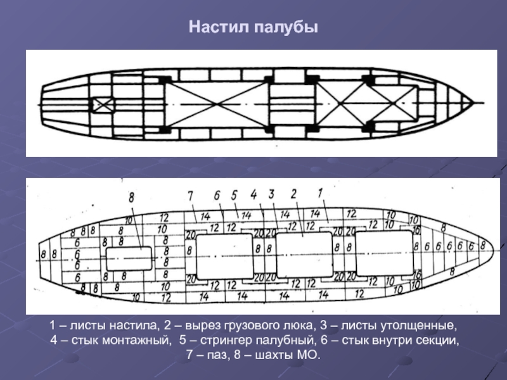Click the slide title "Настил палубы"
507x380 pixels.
pyautogui.click(x=253, y=28)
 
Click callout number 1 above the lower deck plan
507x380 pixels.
pyautogui.click(x=321, y=192)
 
